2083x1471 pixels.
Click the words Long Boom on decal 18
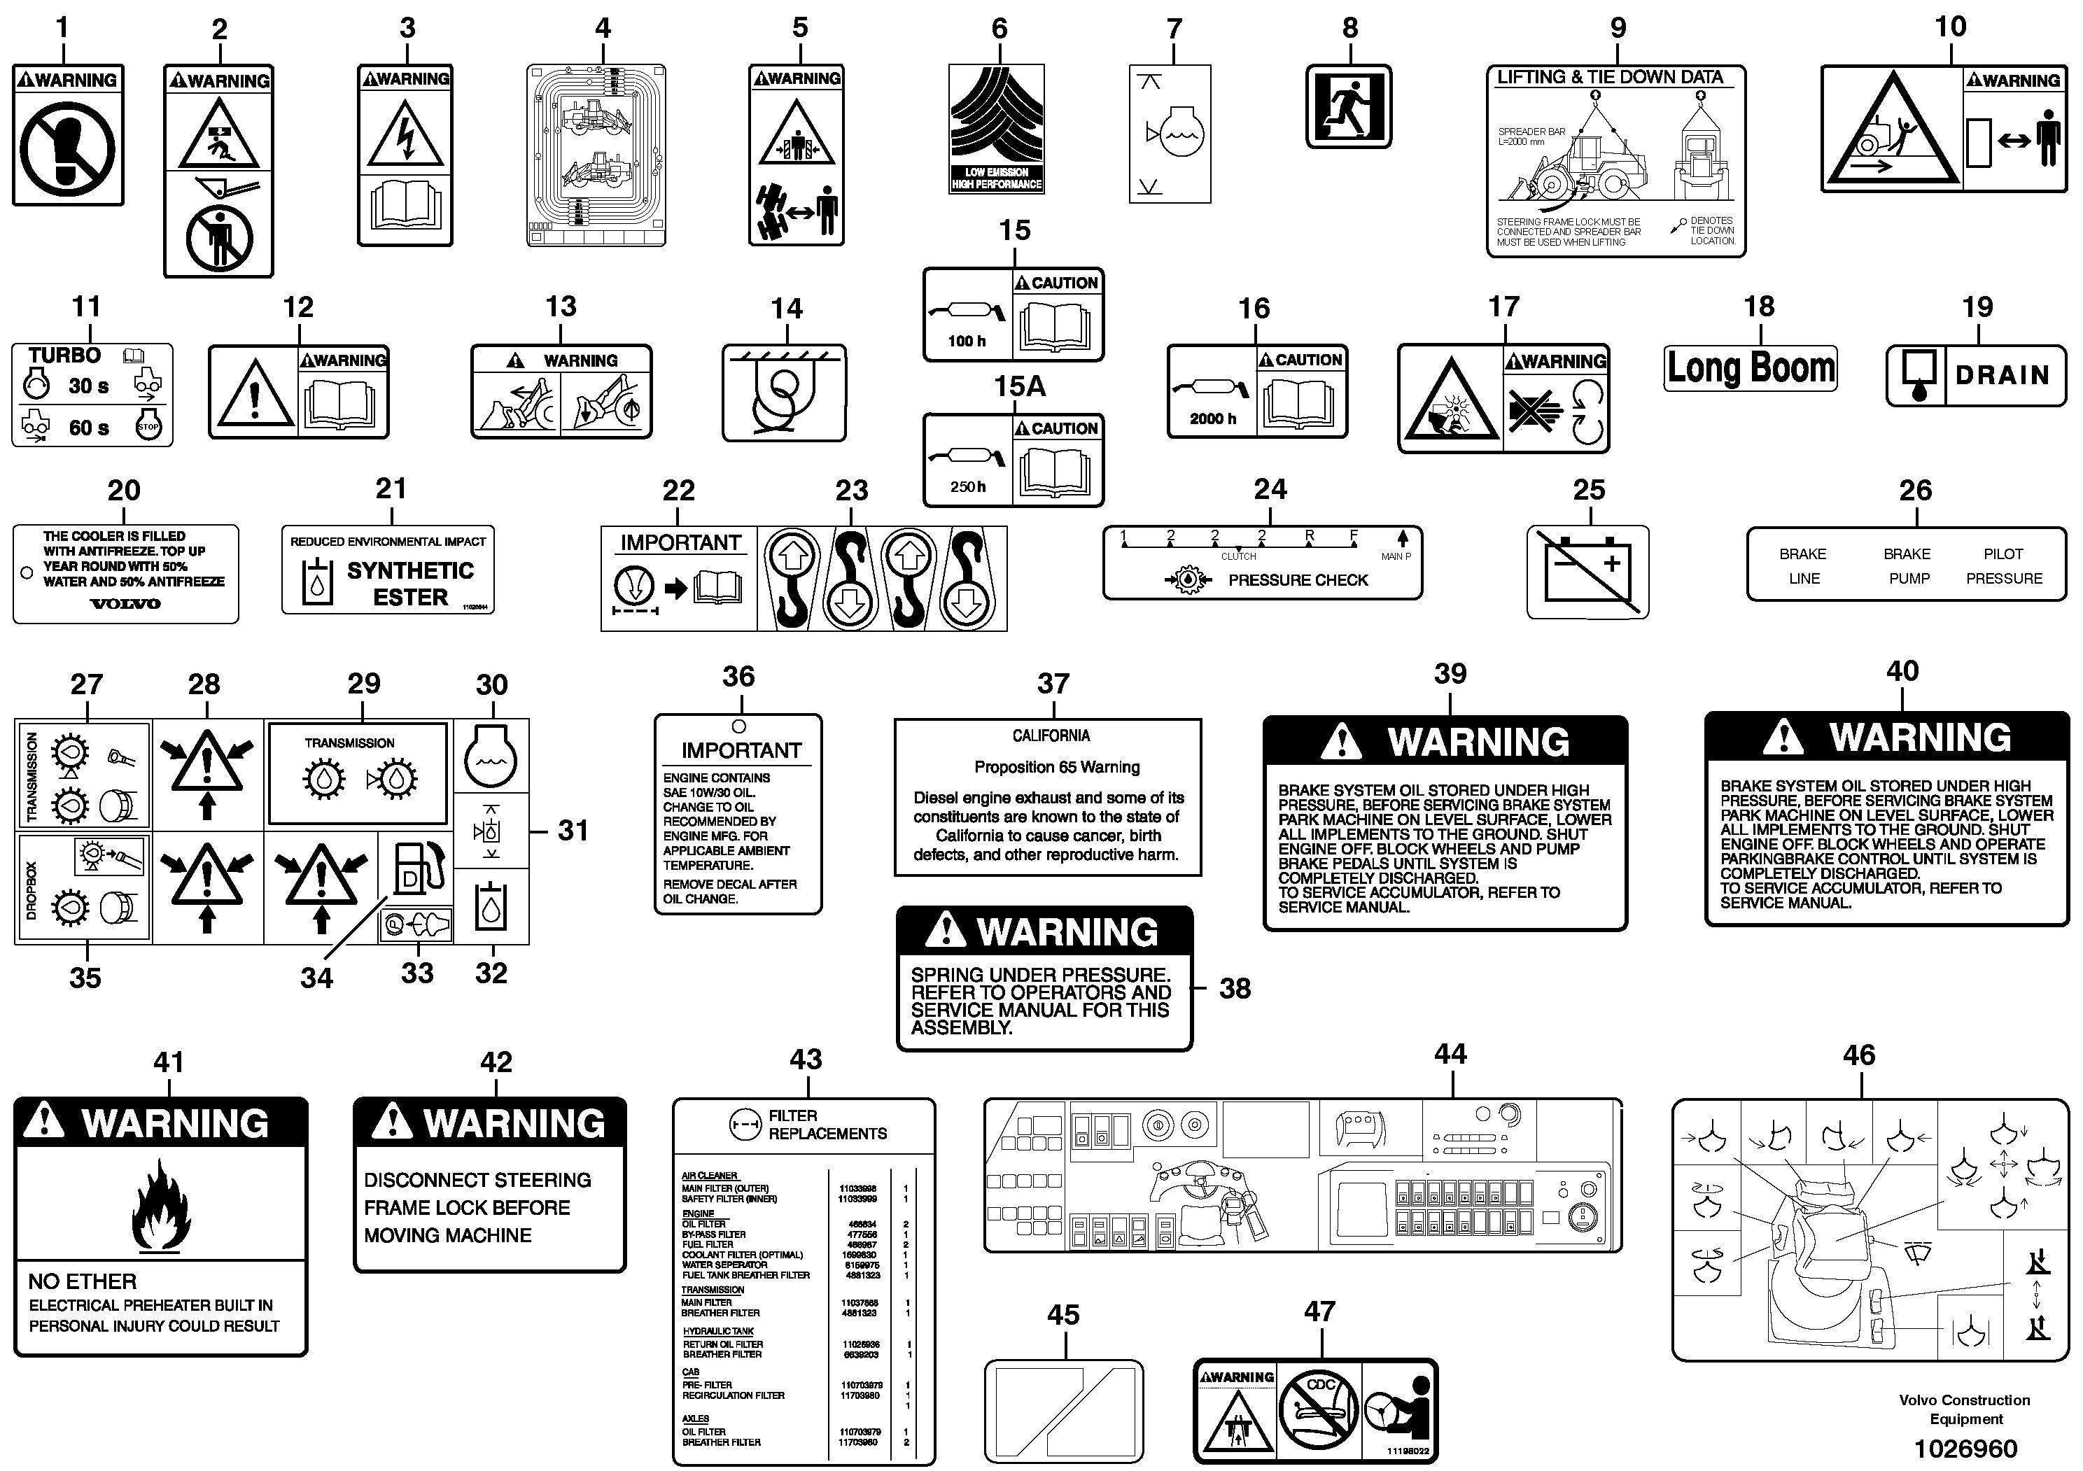pos(1750,368)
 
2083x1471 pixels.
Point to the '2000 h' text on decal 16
pos(1213,418)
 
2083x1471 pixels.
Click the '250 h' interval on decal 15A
pos(967,487)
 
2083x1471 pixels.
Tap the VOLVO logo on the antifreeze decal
pos(125,604)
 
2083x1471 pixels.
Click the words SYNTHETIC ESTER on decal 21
pos(410,584)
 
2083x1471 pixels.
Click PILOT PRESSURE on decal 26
pos(2003,566)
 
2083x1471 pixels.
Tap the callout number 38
pos(1235,989)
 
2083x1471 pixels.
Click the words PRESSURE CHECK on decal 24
pos(1298,580)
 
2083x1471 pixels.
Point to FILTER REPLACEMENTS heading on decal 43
pos(827,1125)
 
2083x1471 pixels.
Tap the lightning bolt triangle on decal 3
pos(405,132)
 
